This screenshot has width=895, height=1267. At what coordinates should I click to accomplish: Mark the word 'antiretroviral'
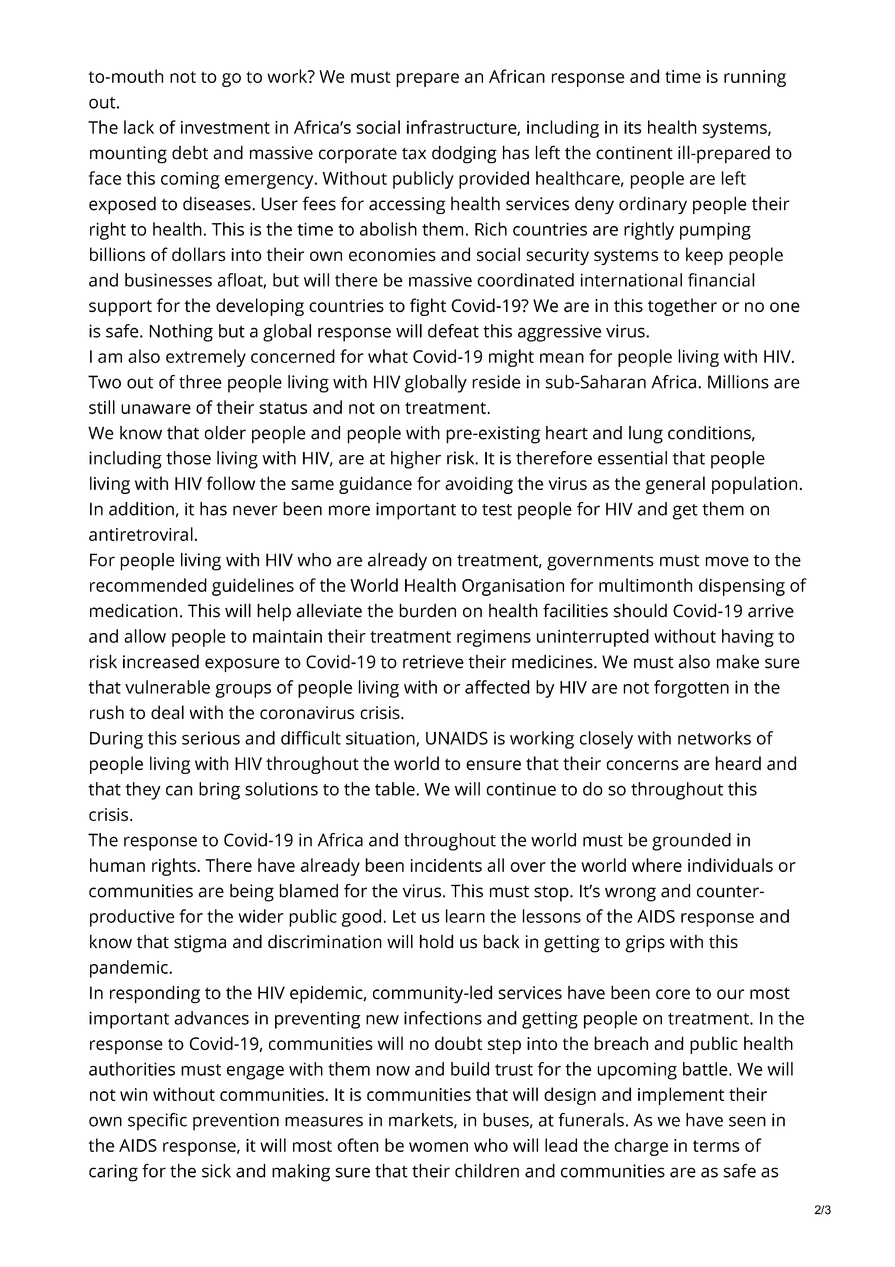pos(143,535)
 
